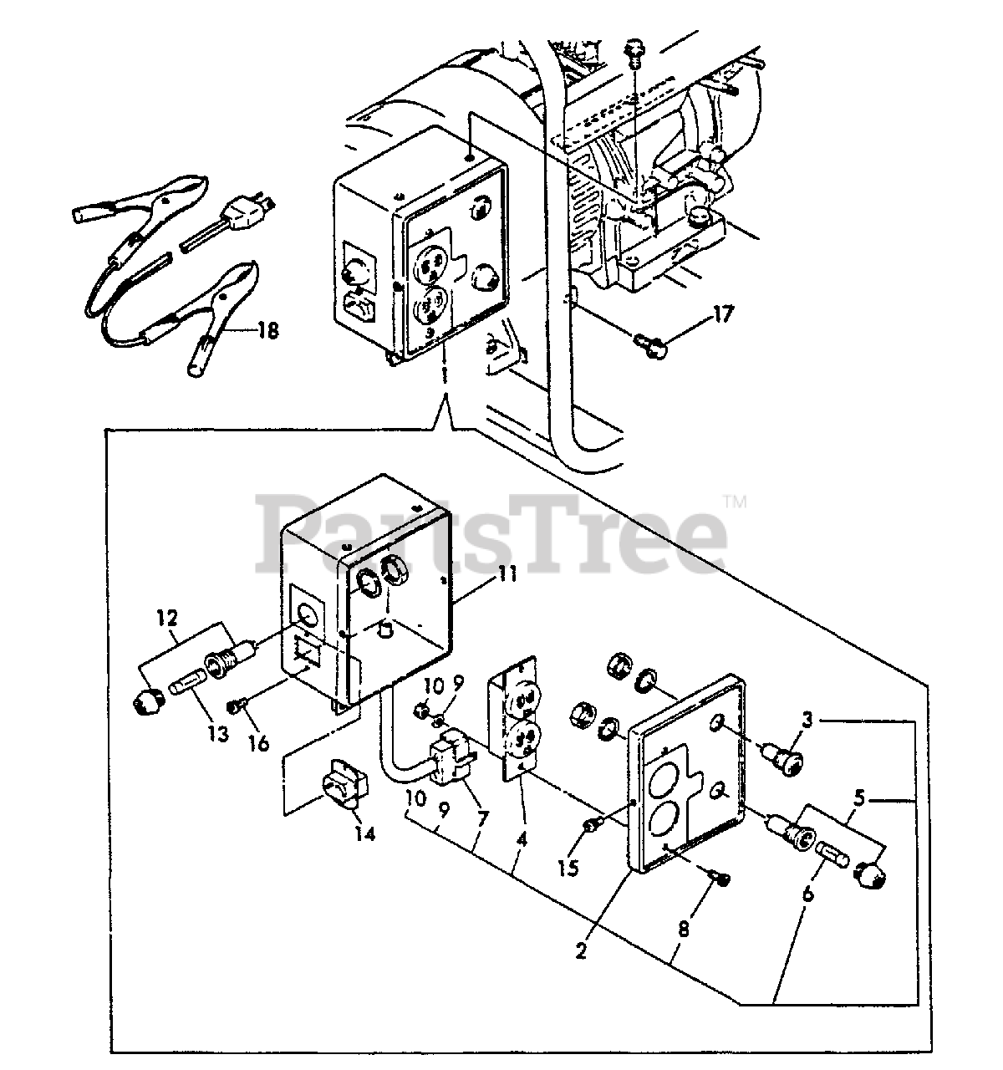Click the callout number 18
pos(267,331)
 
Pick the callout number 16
pos(260,742)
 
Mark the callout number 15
pos(568,869)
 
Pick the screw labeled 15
pos(593,827)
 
